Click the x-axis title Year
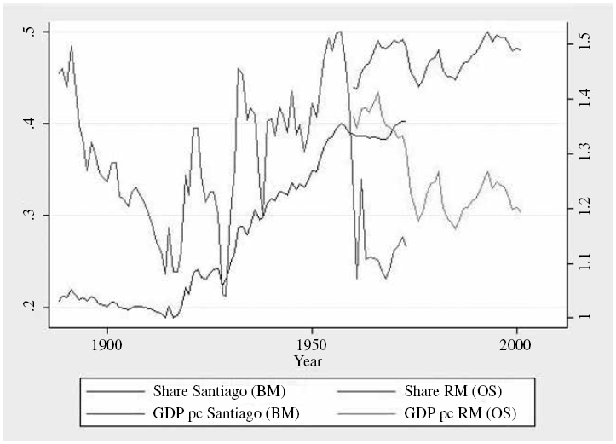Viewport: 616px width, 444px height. (x=308, y=360)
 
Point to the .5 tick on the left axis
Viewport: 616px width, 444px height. (x=30, y=32)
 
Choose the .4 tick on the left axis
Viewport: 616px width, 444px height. (x=30, y=124)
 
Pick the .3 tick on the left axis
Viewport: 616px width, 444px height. (x=30, y=215)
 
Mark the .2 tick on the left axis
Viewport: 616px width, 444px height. (x=30, y=307)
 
